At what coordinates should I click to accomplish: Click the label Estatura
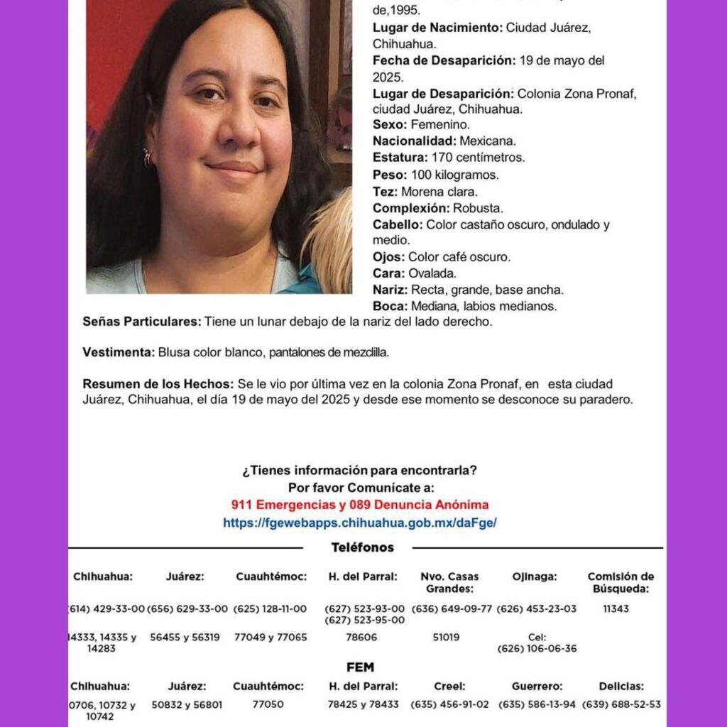(399, 158)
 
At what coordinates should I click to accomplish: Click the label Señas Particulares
(142, 322)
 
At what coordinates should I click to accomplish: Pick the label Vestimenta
(119, 352)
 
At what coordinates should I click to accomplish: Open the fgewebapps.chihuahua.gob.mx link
(360, 523)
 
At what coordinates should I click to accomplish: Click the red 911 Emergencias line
(360, 505)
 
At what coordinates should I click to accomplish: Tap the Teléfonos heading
(362, 547)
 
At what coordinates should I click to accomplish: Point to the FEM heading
(360, 667)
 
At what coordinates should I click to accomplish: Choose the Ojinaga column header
(535, 576)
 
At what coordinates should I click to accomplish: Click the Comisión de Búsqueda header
(621, 582)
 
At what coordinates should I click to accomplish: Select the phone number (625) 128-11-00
(270, 609)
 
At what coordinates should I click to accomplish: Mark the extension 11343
(616, 609)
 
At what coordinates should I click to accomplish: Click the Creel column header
(450, 687)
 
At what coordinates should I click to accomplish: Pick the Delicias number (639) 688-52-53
(621, 705)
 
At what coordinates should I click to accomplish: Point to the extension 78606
(361, 638)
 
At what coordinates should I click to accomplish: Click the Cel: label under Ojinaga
(537, 638)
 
